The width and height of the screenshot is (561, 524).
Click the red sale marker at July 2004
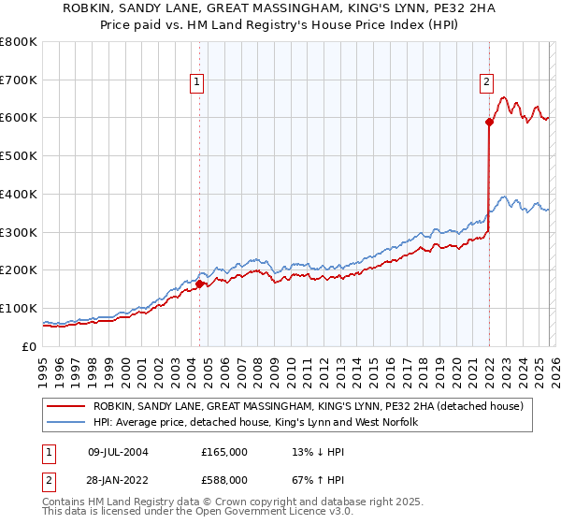tap(199, 283)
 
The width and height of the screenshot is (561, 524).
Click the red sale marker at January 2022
tap(489, 121)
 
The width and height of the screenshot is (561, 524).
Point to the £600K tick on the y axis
tap(19, 118)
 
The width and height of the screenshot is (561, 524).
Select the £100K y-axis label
tap(19, 308)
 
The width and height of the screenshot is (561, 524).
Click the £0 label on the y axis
tap(28, 346)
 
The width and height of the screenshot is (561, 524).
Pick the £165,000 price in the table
tap(224, 451)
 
